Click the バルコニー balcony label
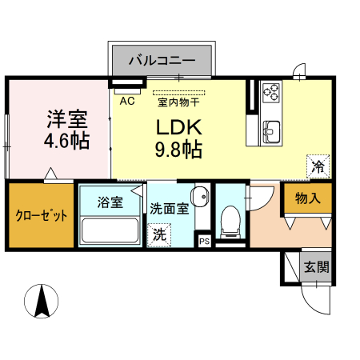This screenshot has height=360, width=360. coord(162,60)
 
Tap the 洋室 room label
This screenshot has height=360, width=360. coord(66,119)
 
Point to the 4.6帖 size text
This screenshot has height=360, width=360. coord(66,142)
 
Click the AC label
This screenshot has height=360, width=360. coord(126,102)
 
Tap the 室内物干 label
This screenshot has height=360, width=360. coord(178,102)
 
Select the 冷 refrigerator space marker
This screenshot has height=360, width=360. coord(318,167)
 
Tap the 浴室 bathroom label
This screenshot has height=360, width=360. coord(110,202)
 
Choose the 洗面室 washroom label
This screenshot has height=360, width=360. coord(169,209)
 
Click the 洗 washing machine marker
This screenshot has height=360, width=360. coord(160,234)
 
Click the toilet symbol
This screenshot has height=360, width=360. coord(231,219)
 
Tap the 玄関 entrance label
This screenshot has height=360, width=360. coord(315,267)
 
